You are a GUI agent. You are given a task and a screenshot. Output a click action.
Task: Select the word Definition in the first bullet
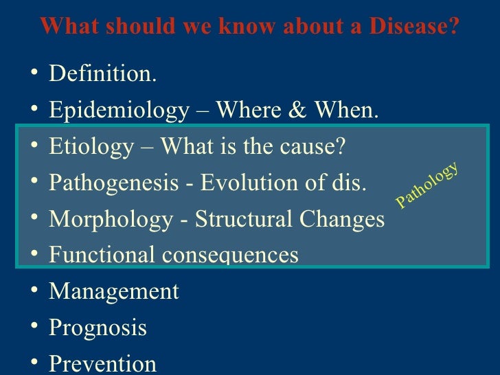[102, 74]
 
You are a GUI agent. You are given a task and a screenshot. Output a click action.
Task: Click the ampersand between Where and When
[297, 111]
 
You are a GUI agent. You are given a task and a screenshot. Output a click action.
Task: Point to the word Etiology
[91, 147]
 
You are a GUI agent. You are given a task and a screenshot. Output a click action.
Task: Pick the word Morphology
[111, 220]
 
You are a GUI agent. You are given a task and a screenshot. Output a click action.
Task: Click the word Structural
[241, 220]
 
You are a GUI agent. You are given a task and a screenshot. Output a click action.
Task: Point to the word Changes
[340, 220]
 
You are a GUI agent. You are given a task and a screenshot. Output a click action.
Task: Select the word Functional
[102, 255]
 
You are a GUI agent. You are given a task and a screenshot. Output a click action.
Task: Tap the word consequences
[230, 255]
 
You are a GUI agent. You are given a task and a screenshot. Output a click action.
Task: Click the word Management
[113, 292]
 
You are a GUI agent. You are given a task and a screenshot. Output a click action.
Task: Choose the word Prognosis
[98, 328]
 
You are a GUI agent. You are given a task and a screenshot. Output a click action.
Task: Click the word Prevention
[102, 364]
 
